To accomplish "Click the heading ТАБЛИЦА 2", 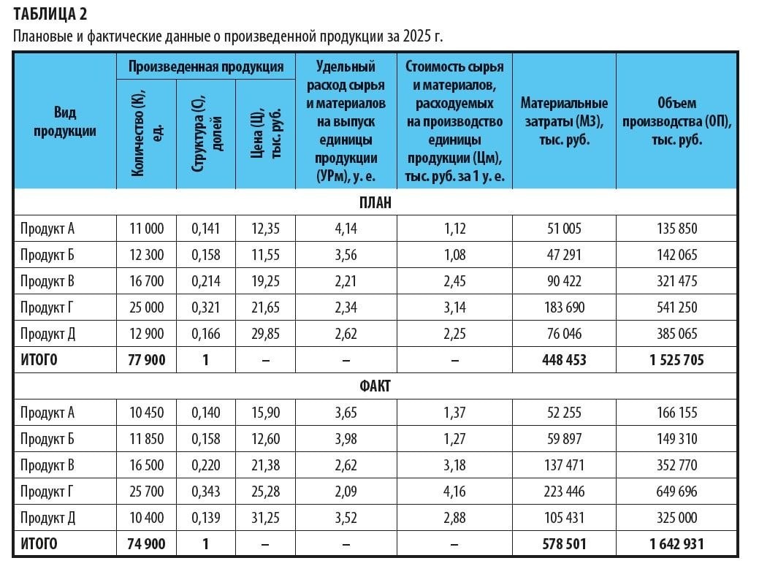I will [53, 15].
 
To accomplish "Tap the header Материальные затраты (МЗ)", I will [564, 121].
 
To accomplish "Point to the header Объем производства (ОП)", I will [676, 121].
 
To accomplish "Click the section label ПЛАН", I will [375, 202].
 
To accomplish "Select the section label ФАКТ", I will [375, 386].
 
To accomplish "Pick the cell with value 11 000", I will [146, 229].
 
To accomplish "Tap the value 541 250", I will [676, 307].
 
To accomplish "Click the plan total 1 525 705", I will [676, 360].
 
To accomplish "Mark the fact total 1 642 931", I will [676, 544].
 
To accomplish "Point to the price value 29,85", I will [265, 334].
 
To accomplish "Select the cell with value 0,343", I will [205, 492].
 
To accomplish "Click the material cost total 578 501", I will [564, 544].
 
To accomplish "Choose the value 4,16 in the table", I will [454, 492].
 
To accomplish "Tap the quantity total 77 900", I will [146, 360].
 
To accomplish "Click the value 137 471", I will [564, 465].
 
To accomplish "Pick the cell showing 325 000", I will [676, 518].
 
